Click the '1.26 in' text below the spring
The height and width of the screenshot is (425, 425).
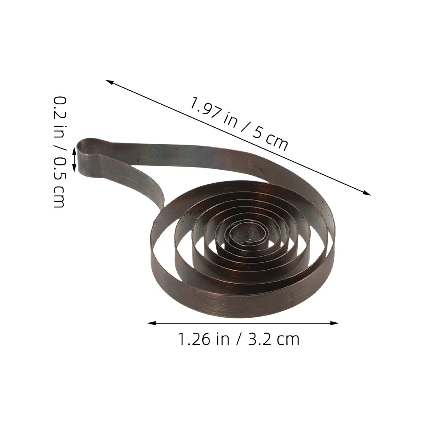(x=204, y=339)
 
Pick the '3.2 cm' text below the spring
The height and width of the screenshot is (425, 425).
(x=274, y=339)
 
